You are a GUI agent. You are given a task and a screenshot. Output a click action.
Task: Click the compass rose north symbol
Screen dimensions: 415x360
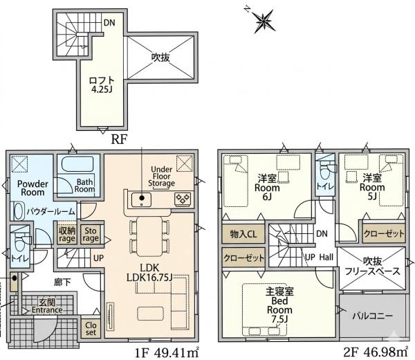(x=264, y=21)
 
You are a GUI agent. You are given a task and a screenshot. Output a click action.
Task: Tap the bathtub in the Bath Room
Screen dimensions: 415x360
(x=77, y=164)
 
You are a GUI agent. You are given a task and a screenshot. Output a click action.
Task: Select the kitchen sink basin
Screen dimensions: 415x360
(x=141, y=199)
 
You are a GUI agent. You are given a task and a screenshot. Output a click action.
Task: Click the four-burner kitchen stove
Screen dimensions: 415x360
(x=183, y=199)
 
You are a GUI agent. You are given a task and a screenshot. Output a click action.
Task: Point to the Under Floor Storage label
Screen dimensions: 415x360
(x=161, y=176)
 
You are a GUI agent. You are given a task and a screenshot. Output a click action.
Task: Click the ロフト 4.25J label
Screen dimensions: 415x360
(x=102, y=84)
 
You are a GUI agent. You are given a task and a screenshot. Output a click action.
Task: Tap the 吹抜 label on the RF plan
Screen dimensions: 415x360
(x=160, y=57)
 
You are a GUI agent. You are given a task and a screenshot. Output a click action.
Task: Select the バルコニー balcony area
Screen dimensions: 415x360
(x=372, y=316)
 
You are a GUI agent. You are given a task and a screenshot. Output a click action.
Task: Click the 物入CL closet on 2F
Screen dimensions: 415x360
(x=243, y=234)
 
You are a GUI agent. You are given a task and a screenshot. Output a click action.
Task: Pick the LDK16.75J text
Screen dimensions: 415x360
(x=149, y=278)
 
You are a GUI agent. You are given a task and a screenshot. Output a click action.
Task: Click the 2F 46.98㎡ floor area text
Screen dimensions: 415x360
(x=376, y=352)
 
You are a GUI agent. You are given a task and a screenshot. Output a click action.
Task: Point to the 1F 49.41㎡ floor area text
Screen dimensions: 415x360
(x=167, y=352)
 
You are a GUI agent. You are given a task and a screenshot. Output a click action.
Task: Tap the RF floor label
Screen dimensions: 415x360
(x=119, y=139)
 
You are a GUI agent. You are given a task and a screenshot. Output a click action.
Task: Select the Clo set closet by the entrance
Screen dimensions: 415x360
(x=91, y=328)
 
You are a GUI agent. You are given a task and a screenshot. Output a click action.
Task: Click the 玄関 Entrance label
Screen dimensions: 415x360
(x=47, y=306)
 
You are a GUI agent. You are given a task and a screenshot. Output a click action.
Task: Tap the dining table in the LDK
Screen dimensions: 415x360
(x=149, y=237)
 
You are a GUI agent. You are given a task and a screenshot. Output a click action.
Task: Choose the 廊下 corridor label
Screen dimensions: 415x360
(x=62, y=282)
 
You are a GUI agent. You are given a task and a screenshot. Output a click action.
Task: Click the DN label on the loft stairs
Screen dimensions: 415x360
(x=109, y=23)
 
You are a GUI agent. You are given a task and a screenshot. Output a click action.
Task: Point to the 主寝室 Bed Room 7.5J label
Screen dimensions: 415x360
(x=279, y=305)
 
